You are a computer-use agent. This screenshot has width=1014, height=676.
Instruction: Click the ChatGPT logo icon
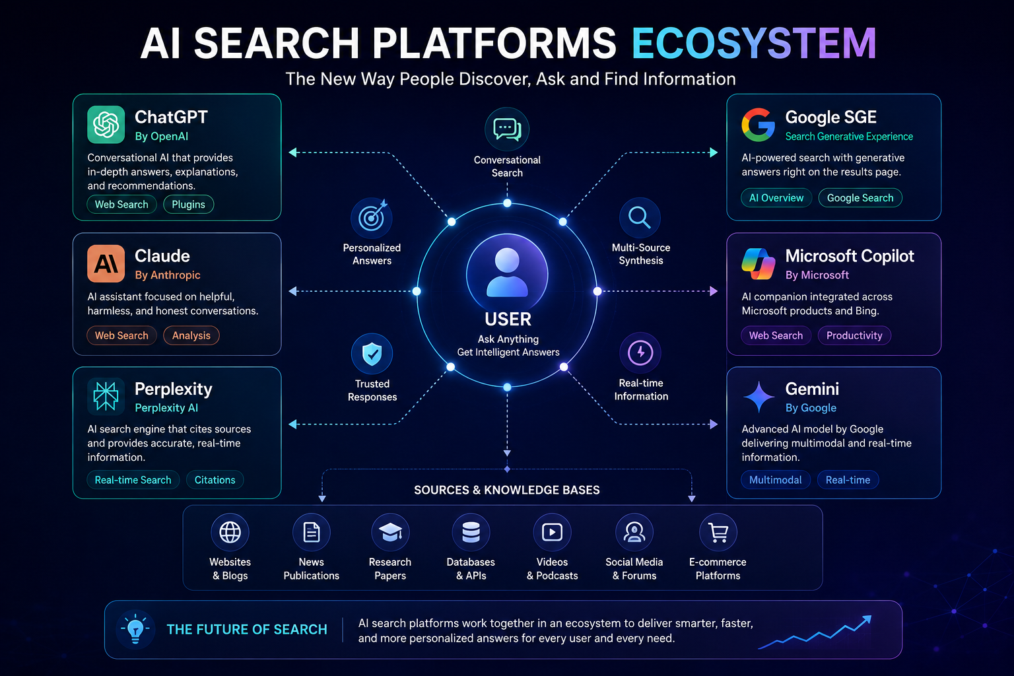(x=106, y=125)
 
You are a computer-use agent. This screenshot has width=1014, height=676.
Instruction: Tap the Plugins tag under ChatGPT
(x=188, y=204)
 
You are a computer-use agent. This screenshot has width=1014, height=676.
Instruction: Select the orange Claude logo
(x=106, y=263)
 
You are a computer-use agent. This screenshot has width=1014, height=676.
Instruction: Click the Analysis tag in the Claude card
(x=191, y=335)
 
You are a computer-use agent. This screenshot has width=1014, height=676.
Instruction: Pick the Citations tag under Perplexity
(x=215, y=480)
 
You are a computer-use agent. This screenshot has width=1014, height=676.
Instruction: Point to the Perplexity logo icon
(x=106, y=396)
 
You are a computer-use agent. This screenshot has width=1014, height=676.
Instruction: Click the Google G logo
(x=759, y=125)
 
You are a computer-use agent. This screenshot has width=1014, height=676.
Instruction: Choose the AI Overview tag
(x=776, y=198)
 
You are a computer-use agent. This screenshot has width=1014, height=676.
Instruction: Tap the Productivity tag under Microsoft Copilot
(x=854, y=335)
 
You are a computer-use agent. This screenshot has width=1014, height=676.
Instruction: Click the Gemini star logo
(x=759, y=397)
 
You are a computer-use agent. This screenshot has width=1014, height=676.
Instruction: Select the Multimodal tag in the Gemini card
(x=776, y=480)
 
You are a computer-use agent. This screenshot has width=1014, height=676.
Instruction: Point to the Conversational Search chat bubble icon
(x=507, y=129)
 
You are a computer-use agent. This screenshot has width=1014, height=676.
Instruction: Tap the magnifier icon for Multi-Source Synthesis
(x=640, y=219)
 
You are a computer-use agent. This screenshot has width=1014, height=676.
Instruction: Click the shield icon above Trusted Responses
(x=372, y=354)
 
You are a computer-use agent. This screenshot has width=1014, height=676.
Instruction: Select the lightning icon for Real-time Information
(x=640, y=353)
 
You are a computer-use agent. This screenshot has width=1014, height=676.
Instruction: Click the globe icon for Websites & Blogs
(x=230, y=532)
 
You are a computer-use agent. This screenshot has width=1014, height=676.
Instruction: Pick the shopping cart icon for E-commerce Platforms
(x=718, y=532)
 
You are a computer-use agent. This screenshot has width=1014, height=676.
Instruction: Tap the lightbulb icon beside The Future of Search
(x=135, y=628)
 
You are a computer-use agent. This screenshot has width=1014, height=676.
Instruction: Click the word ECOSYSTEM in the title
(x=754, y=43)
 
